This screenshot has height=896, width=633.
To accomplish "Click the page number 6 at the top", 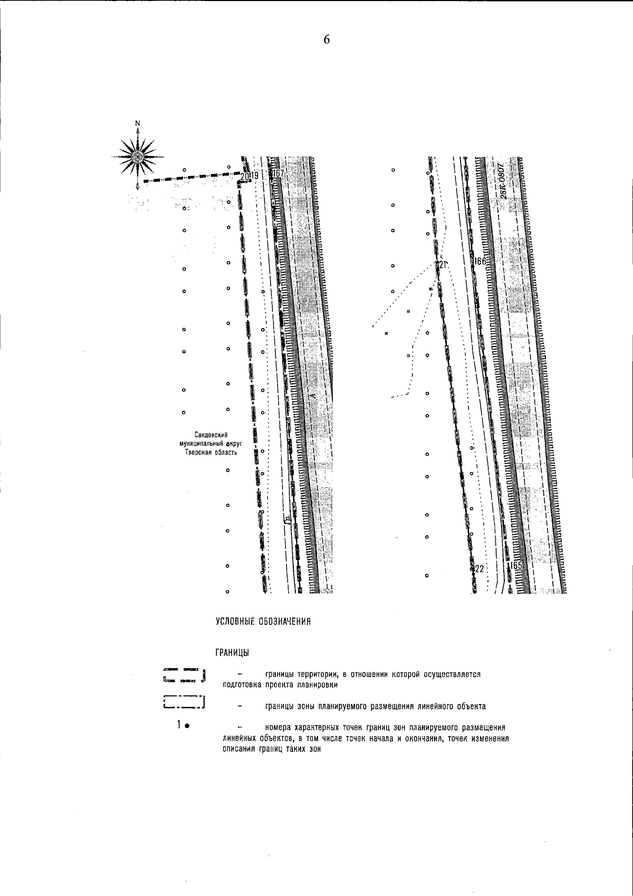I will pyautogui.click(x=327, y=40).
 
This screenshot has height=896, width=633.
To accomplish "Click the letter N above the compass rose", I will pyautogui.click(x=138, y=123).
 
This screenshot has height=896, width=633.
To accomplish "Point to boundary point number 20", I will pyautogui.click(x=243, y=176).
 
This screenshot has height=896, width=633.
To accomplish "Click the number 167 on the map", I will pyautogui.click(x=277, y=174).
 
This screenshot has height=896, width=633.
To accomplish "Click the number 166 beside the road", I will pyautogui.click(x=480, y=262).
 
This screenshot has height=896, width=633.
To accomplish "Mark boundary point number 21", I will pyautogui.click(x=442, y=265).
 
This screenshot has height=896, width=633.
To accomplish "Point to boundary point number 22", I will pyautogui.click(x=479, y=569).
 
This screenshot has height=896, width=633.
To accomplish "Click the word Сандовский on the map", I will pyautogui.click(x=210, y=435).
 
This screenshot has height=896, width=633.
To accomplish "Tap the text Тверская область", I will pyautogui.click(x=207, y=452).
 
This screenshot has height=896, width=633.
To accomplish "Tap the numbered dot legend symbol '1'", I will pyautogui.click(x=183, y=726).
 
